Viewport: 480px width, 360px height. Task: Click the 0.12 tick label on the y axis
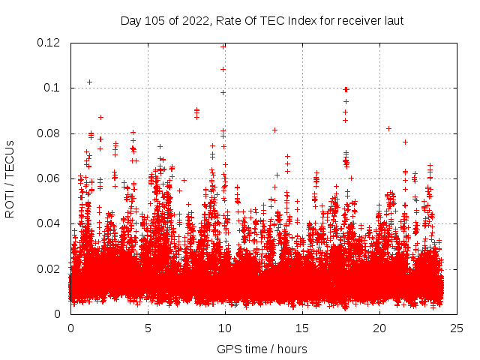click(49, 43)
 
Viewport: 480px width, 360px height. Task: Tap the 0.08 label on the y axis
click(49, 133)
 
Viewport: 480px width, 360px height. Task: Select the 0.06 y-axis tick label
click(49, 178)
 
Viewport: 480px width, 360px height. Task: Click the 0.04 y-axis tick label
click(49, 223)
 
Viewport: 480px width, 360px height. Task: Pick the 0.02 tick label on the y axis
click(49, 268)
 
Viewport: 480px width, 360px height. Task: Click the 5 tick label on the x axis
click(148, 328)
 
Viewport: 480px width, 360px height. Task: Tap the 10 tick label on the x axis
click(225, 328)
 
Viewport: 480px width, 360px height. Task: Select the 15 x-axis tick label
click(302, 328)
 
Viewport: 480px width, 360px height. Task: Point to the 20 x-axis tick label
click(379, 328)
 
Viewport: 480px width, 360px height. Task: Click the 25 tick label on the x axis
click(457, 328)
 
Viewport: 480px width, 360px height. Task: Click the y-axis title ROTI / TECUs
click(10, 178)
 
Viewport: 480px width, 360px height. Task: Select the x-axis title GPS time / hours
click(262, 349)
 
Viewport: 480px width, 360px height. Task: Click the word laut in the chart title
click(394, 21)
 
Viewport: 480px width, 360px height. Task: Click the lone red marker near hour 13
click(274, 130)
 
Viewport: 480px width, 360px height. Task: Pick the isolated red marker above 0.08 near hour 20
click(388, 128)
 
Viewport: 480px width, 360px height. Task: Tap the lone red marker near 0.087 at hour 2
click(100, 117)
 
